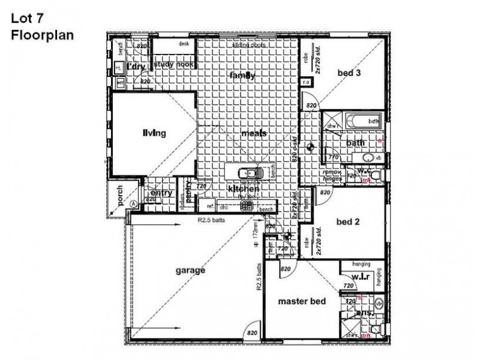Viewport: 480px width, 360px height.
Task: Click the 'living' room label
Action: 154,133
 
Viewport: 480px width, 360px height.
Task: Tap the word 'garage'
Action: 191,270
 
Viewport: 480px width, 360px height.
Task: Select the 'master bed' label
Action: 302,301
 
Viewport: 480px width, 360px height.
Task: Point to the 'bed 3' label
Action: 349,73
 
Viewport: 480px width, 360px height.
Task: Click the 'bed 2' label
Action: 348,221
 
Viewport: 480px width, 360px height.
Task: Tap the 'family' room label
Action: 242,76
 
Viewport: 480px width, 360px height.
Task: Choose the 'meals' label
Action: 254,133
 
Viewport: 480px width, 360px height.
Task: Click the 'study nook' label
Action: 173,64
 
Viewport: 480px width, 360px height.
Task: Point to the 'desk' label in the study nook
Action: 184,44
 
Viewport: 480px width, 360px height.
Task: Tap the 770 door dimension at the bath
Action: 333,157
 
